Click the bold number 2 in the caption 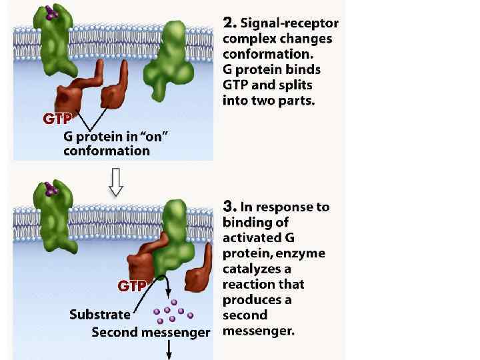pos(229,23)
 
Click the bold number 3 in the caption pos(229,207)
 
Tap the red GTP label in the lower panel pos(132,287)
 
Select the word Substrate pos(100,314)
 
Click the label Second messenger pos(151,331)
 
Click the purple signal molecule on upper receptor pos(50,12)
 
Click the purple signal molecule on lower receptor pos(51,191)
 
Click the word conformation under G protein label pos(107,151)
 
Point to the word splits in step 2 pos(294,85)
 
